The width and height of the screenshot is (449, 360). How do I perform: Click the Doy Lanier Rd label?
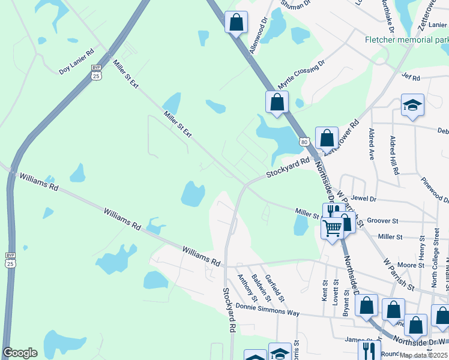(77, 61)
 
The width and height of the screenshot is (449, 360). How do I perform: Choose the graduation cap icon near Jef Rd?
(412, 106)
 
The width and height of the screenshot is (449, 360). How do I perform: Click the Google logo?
(20, 353)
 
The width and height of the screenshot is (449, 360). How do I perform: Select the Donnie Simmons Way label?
(267, 308)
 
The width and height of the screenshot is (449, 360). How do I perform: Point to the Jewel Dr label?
(364, 199)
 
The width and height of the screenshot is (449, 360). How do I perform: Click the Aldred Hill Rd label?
(394, 155)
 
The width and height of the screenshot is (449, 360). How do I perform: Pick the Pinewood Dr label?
(433, 190)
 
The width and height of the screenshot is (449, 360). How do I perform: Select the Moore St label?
(411, 265)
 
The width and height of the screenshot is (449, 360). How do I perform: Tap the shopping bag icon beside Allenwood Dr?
(237, 22)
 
